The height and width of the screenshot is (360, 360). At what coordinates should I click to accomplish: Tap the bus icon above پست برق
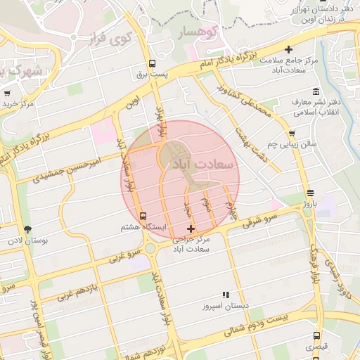coord(153,63)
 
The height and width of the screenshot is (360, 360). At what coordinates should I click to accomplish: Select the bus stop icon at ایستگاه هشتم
coord(143,216)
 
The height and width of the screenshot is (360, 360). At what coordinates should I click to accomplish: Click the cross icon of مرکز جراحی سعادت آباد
coord(191,229)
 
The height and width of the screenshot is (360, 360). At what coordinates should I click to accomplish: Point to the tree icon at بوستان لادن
coord(27,229)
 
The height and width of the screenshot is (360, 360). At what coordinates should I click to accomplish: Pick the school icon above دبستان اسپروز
coord(226,295)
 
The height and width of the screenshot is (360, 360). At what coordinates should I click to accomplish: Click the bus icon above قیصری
coord(316,335)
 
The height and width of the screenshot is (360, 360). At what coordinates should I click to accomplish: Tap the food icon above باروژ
coord(311,193)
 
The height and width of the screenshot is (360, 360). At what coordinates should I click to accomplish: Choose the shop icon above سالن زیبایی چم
coord(292,133)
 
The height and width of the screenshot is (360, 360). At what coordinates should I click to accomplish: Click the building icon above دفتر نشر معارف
coord(315,91)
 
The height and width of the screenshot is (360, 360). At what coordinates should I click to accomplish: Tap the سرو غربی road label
coord(127,255)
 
